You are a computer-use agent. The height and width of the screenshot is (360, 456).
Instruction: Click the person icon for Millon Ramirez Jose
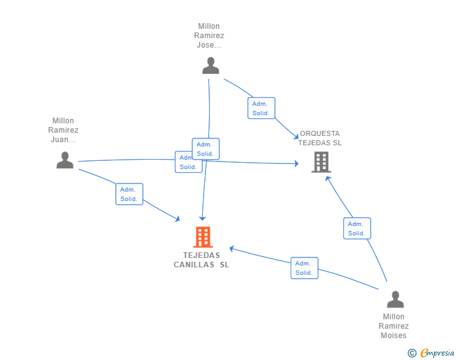pos(210,66)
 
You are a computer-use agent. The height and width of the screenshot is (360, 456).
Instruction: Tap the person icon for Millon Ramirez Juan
pos(65,160)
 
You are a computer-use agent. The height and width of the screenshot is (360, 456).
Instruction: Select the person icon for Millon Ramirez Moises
pos(395,299)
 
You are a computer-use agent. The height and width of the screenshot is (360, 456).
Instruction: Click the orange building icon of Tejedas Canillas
pos(203,237)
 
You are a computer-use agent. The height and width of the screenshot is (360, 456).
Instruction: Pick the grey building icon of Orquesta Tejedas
pos(321,162)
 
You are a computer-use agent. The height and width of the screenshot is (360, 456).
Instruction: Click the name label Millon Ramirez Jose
pos(209,36)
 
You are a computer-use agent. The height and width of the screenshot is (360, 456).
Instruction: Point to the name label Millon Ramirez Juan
pos(63,130)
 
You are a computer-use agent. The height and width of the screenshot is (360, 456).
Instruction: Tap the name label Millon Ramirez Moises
pos(393,326)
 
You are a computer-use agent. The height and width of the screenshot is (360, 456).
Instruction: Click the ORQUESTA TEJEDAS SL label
pos(319,138)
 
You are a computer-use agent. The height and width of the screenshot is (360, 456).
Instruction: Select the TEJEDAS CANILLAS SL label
pos(201,260)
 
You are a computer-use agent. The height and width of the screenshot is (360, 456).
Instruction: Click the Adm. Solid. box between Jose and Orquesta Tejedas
pos(261,108)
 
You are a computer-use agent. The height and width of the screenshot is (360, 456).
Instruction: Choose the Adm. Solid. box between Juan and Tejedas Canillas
pos(129,194)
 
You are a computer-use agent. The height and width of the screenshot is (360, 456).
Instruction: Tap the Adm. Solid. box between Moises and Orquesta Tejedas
pos(357,229)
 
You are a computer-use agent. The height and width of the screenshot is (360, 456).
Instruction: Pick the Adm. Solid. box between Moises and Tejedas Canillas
pos(304,268)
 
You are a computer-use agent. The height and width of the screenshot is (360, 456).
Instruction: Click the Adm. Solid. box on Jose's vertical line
pos(205,149)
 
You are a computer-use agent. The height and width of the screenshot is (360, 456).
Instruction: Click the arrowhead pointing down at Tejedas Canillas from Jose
pos(202,219)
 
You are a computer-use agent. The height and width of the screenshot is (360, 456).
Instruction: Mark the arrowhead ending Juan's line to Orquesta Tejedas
pos(297,163)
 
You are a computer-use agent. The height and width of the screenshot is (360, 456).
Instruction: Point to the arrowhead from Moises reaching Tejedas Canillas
pos(232,249)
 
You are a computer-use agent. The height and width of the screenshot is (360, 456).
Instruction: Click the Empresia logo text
pos(437,352)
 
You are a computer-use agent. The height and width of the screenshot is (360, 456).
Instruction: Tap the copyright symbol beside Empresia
pos(412,353)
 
